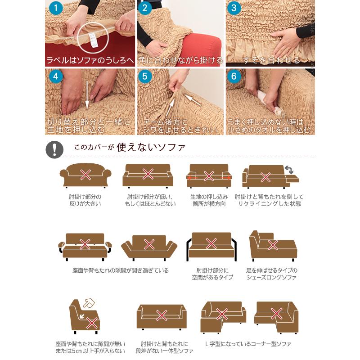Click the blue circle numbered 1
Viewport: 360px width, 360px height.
coord(55,8)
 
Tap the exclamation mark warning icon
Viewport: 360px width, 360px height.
coord(54,149)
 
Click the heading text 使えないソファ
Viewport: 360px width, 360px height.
coord(151,147)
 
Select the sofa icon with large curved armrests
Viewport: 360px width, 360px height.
coord(85,175)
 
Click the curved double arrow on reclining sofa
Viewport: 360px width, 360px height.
coord(289,169)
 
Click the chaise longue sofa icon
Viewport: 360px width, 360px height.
coord(272,247)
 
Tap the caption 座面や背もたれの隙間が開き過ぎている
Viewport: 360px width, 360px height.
coord(120,270)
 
